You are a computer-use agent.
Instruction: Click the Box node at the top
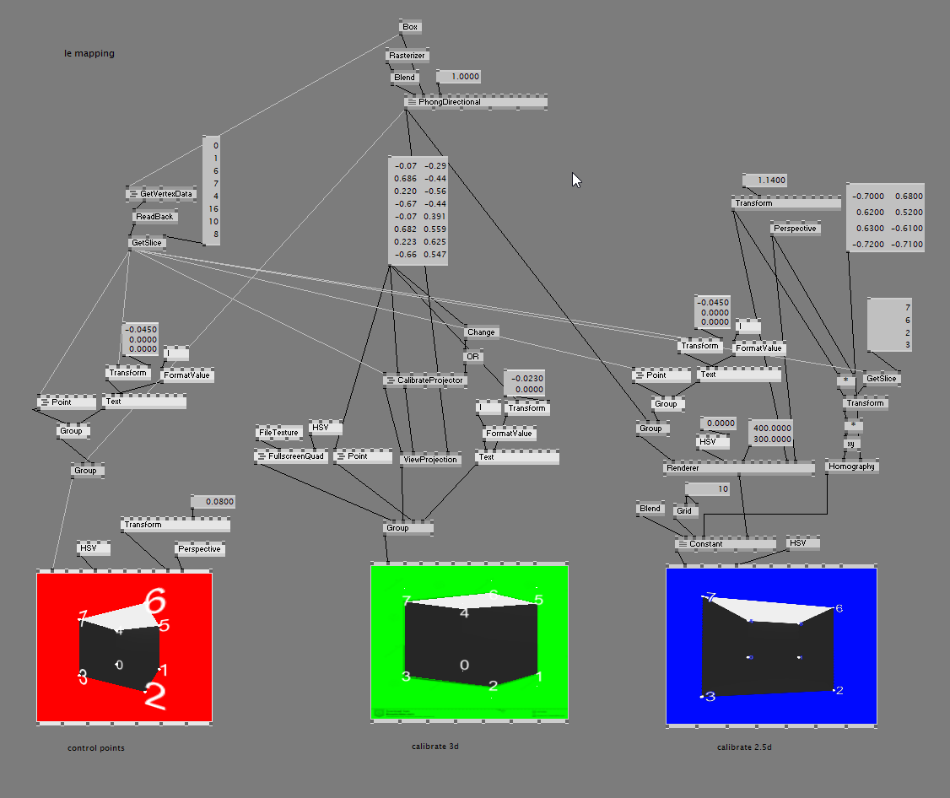click(x=410, y=27)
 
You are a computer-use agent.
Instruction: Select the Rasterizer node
click(x=408, y=56)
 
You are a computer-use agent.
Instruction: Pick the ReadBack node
click(x=154, y=217)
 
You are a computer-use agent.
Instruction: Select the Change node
click(x=481, y=332)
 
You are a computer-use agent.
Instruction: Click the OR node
click(x=472, y=357)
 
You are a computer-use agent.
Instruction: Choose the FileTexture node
click(x=278, y=433)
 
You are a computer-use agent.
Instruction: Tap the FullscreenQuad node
click(x=291, y=456)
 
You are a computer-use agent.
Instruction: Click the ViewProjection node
click(x=430, y=459)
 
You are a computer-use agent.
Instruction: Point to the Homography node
click(x=851, y=466)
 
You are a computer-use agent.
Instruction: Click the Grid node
click(x=683, y=510)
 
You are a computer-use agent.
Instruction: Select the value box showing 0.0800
click(x=214, y=502)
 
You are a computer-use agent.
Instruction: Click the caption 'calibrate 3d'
click(x=435, y=747)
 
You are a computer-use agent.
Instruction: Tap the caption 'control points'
click(x=96, y=748)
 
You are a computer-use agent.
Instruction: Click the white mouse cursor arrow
click(x=576, y=180)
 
